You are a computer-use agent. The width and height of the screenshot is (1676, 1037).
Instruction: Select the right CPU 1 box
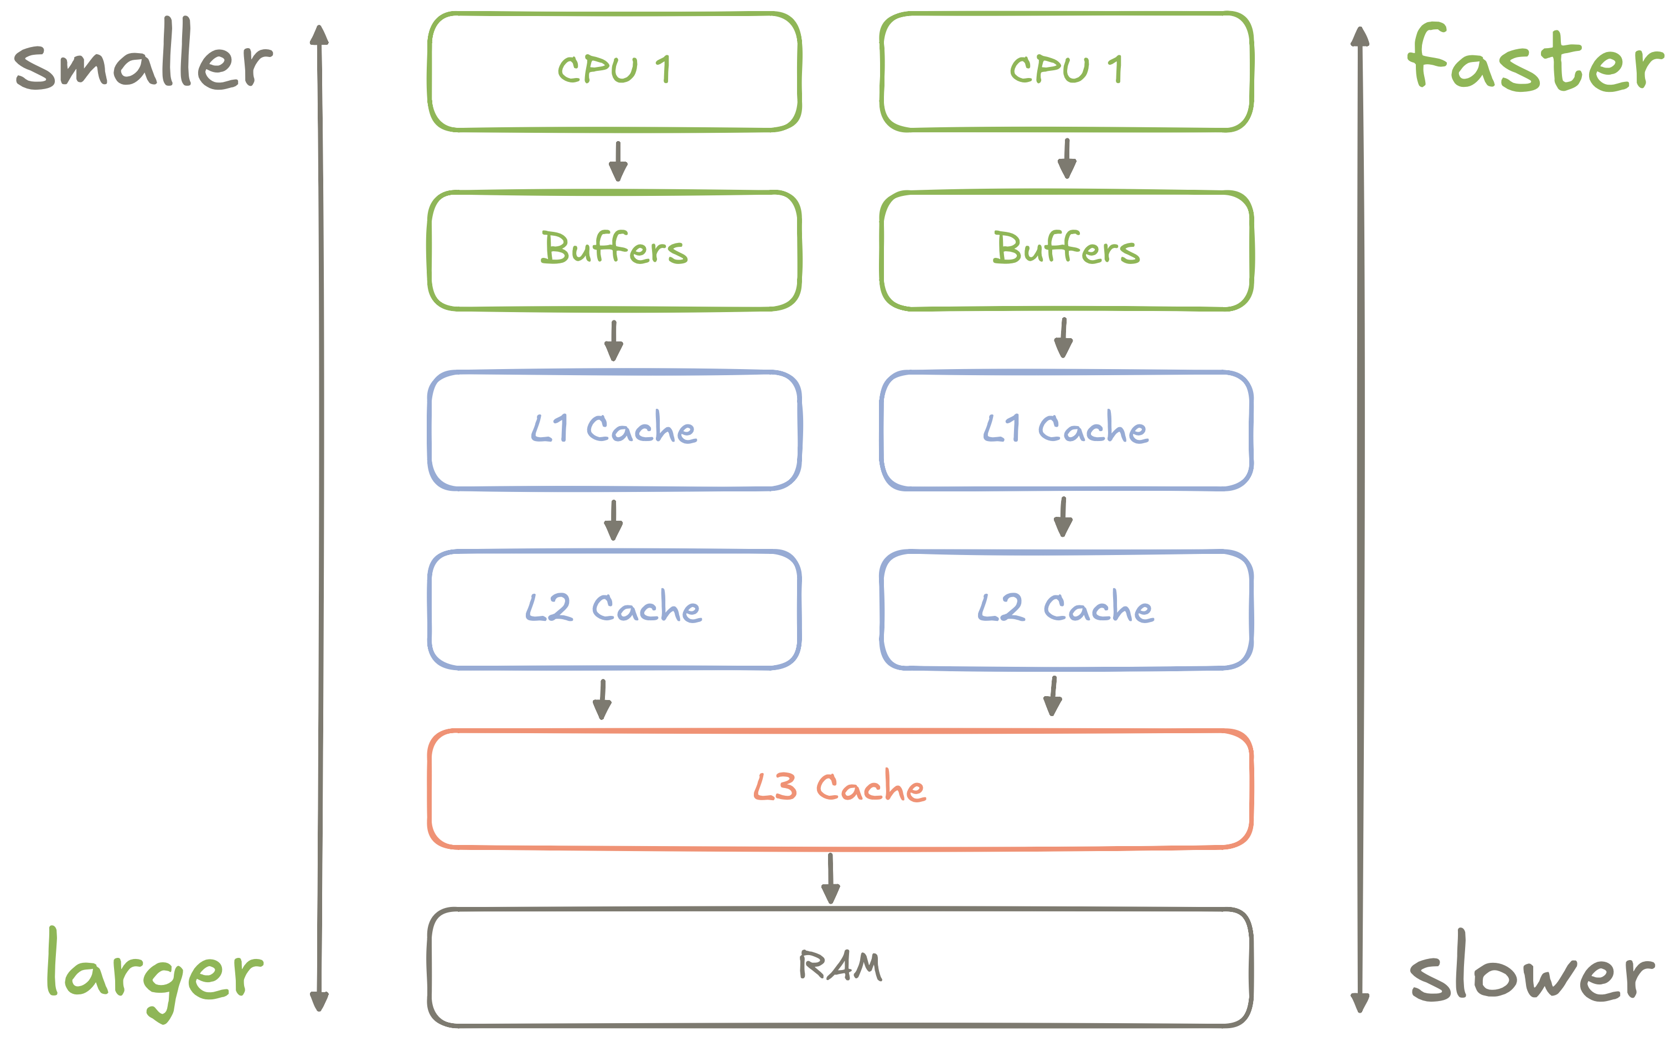1066,71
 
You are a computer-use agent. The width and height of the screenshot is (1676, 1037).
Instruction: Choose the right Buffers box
1066,250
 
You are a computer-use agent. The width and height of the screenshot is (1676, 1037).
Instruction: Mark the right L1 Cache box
1066,430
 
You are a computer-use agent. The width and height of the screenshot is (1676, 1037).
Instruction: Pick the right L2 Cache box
1066,609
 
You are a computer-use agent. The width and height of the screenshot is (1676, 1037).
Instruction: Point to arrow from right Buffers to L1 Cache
1063,338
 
